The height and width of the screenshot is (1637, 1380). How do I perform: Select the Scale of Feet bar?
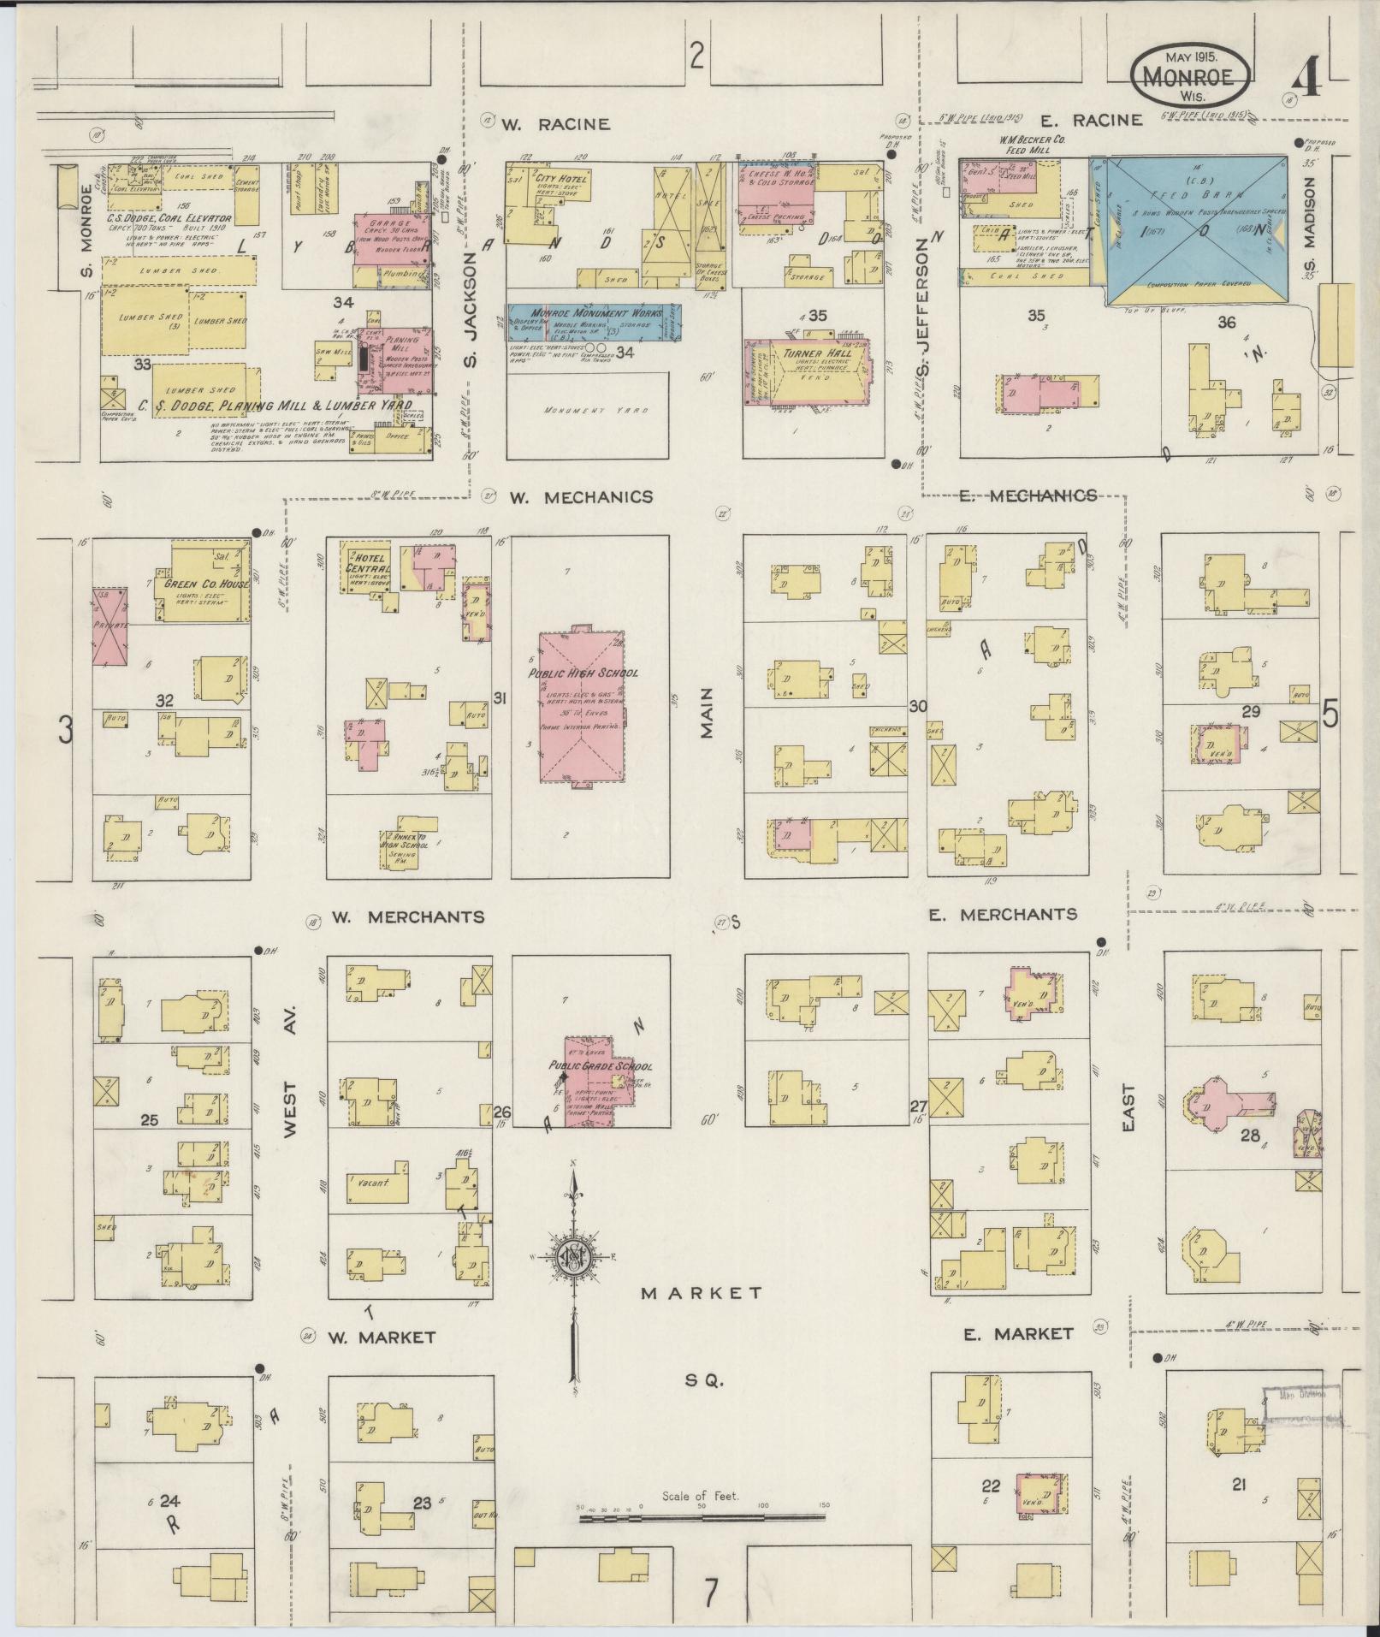702,1518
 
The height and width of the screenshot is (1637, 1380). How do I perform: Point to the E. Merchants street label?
1002,915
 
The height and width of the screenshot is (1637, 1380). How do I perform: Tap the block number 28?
1250,1136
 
